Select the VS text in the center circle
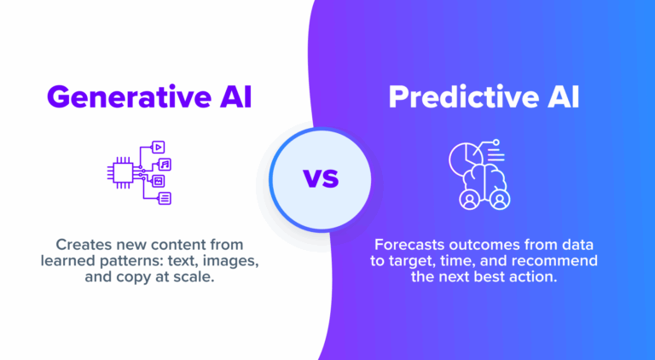(x=321, y=179)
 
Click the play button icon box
(x=159, y=147)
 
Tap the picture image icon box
(x=159, y=181)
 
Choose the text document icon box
(x=165, y=198)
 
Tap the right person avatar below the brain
(x=500, y=200)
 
